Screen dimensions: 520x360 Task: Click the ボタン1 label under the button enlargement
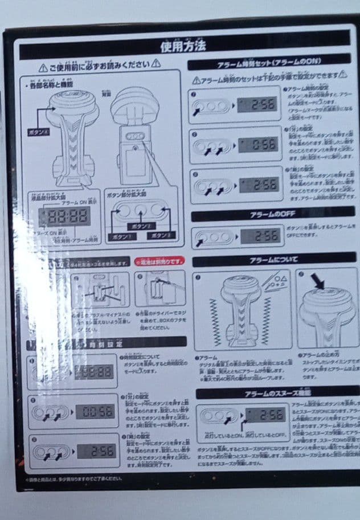click(118, 236)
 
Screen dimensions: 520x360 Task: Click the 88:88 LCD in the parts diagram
click(67, 215)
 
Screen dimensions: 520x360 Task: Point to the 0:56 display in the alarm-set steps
click(257, 145)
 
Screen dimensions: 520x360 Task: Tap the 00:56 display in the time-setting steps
click(95, 411)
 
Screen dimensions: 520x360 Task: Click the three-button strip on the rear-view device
click(135, 137)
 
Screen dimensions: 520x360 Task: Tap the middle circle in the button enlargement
click(140, 211)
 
